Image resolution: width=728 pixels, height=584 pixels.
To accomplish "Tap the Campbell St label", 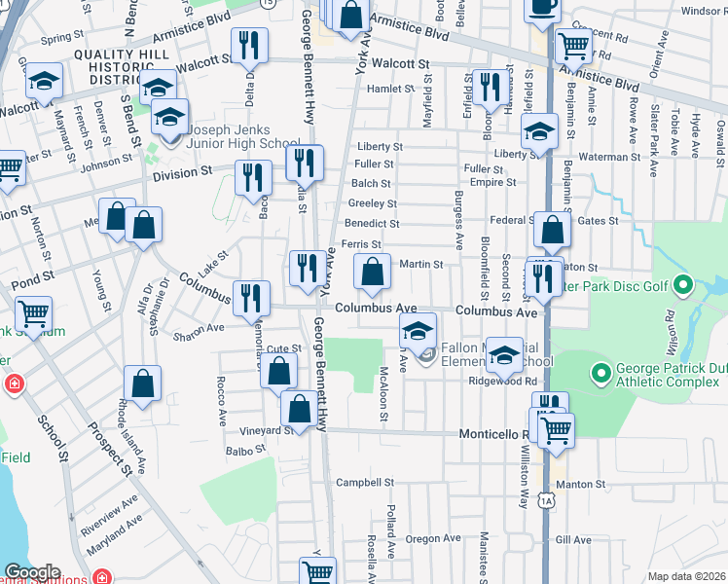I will click(364, 482).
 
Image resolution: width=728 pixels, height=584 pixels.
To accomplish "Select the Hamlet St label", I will click(390, 89).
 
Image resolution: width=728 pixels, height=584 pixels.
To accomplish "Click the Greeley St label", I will click(372, 203).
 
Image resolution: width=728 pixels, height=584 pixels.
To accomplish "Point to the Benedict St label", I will click(373, 223).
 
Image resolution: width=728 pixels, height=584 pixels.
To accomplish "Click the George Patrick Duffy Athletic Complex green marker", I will click(601, 371).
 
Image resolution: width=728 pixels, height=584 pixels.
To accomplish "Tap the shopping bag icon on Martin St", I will click(372, 273).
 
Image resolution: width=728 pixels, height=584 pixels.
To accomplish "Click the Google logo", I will click(32, 572).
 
